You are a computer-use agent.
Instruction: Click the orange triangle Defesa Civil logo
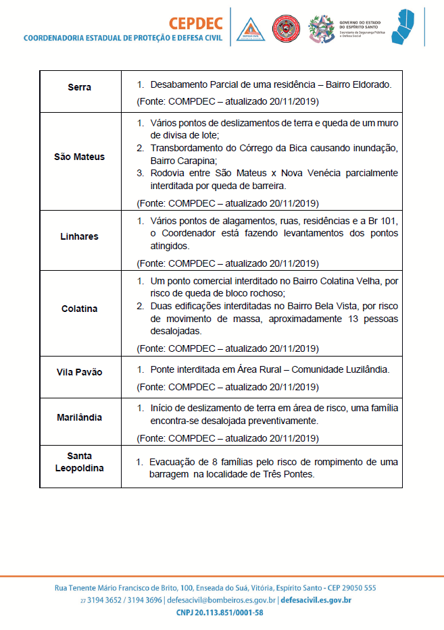coord(251,28)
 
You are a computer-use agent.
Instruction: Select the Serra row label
coord(80,88)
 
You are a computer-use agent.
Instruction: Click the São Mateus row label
coord(80,157)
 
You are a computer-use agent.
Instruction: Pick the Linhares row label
coord(80,236)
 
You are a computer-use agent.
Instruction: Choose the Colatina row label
coord(80,309)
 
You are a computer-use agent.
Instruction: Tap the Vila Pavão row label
coord(80,372)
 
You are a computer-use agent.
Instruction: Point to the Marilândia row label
coord(80,417)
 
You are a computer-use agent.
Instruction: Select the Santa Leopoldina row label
coord(80,462)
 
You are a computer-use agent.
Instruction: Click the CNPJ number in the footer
coord(219,612)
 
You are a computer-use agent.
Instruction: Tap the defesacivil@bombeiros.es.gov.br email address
coord(220,600)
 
